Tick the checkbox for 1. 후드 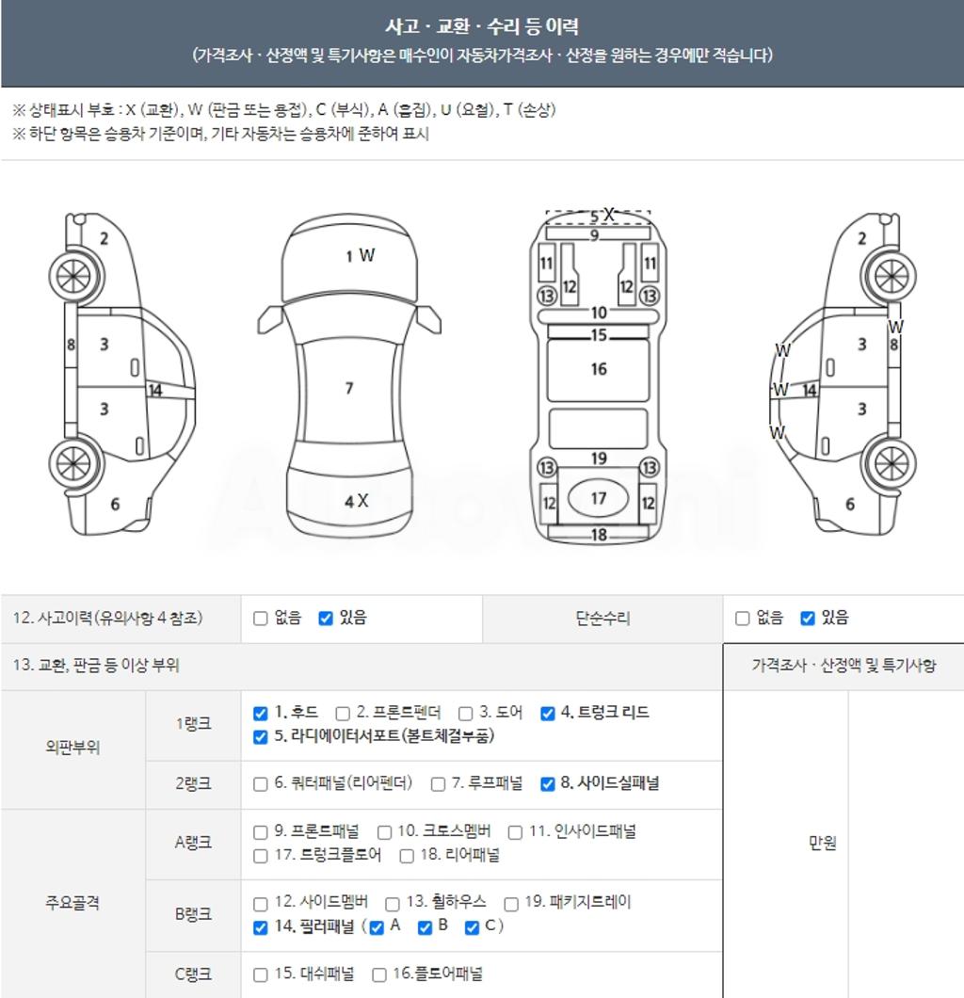tap(260, 713)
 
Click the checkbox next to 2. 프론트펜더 tap(343, 713)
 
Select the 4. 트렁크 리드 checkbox tap(547, 713)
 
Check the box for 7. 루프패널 tap(438, 784)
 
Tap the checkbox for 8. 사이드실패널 tap(547, 784)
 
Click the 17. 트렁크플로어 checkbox tap(260, 856)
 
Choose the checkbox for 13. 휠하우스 tap(392, 904)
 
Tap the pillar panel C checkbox tap(472, 927)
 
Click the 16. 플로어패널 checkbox tap(379, 975)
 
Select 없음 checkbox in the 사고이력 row tap(260, 618)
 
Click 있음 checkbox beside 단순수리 tap(808, 618)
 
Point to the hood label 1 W tap(361, 256)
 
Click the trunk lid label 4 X tap(357, 501)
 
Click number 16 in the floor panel tap(599, 369)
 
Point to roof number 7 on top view tap(349, 388)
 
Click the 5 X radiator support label tap(602, 215)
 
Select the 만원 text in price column tap(822, 843)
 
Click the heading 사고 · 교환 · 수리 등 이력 tap(482, 26)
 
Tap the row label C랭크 tap(193, 974)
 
